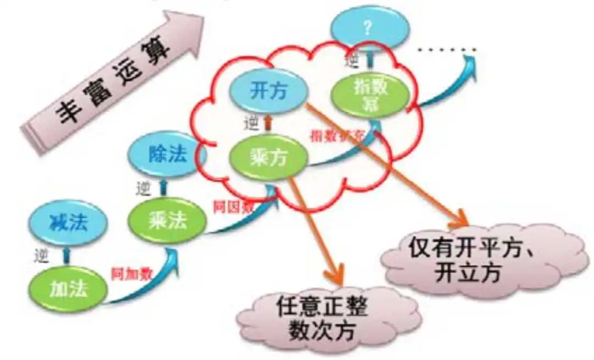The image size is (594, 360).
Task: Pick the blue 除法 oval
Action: coord(167,154)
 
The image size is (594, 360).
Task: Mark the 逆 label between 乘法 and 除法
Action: coord(142,188)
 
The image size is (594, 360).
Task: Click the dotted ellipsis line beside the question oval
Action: coord(446,51)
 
